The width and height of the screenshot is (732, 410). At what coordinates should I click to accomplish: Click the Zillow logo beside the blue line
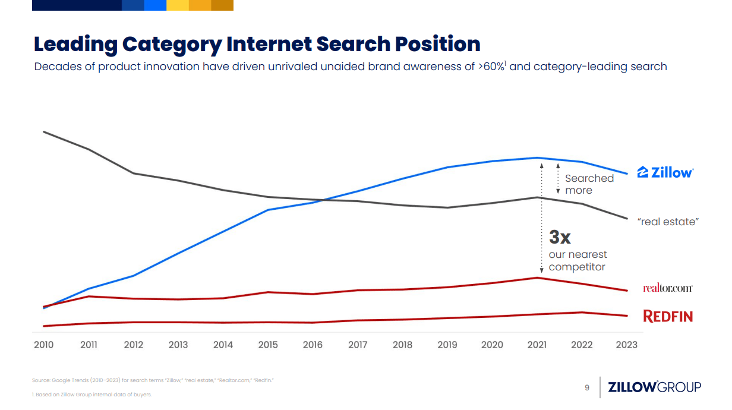665,172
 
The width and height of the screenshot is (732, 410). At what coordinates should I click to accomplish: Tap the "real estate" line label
667,222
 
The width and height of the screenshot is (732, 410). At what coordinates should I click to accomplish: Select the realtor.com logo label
667,288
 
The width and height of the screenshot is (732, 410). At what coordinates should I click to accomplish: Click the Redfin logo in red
668,316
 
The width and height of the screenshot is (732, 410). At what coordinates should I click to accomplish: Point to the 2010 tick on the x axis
43,345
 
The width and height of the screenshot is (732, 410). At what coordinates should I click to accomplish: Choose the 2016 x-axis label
313,345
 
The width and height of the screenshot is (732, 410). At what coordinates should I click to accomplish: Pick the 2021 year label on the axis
537,345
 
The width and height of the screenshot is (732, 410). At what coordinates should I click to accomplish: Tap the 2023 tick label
627,345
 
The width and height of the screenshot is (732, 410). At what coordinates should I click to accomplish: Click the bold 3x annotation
560,237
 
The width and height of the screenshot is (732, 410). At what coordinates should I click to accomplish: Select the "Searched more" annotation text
589,184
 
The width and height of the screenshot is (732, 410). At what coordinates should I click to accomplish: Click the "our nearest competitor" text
577,261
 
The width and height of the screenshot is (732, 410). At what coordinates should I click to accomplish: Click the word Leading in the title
75,44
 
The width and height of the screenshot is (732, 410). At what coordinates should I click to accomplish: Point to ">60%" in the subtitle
491,67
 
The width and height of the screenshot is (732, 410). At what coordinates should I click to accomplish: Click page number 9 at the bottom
587,388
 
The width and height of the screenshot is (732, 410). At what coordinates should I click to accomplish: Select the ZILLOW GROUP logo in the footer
654,387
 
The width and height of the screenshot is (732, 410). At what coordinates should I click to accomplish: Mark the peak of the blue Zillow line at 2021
538,158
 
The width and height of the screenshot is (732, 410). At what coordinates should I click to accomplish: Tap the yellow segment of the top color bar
177,5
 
